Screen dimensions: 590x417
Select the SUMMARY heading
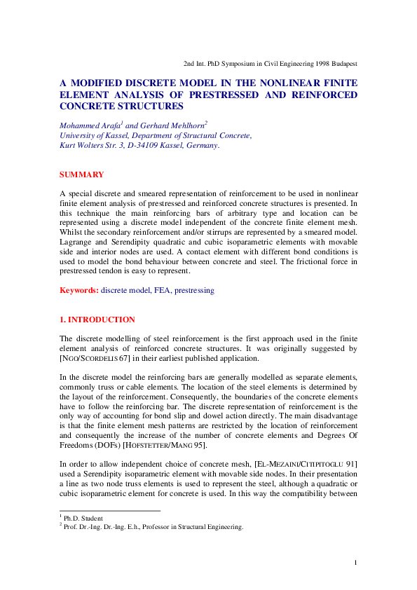(x=81, y=174)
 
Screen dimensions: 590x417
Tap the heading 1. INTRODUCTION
(x=97, y=320)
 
